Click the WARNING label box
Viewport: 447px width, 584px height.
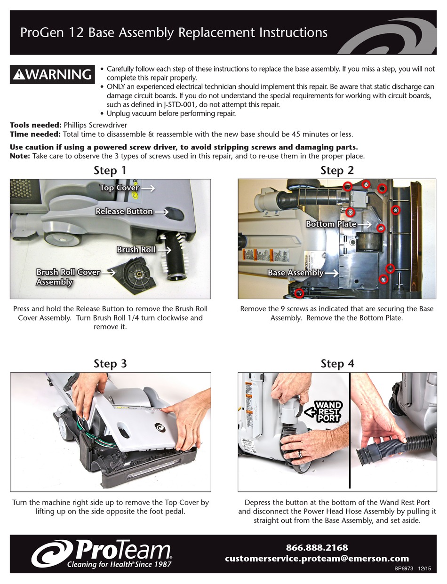[52, 75]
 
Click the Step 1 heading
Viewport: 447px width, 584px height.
[110, 170]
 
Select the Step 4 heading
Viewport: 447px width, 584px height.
[337, 363]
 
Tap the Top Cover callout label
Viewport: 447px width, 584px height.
[119, 188]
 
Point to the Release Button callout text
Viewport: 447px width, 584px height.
[124, 212]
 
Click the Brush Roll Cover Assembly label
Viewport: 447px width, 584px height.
[68, 277]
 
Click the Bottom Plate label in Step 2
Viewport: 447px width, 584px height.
[331, 224]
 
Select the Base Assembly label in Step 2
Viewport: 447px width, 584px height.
[295, 273]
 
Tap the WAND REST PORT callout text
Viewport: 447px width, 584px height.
[328, 412]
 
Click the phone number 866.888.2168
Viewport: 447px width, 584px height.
[317, 548]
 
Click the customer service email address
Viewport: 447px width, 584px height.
[317, 559]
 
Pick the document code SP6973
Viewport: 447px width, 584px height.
[404, 568]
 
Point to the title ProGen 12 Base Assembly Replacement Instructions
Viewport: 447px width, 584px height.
[174, 33]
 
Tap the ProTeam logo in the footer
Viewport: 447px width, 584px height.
[102, 553]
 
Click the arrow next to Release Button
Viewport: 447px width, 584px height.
[161, 212]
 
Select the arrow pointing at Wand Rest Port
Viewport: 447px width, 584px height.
[309, 412]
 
